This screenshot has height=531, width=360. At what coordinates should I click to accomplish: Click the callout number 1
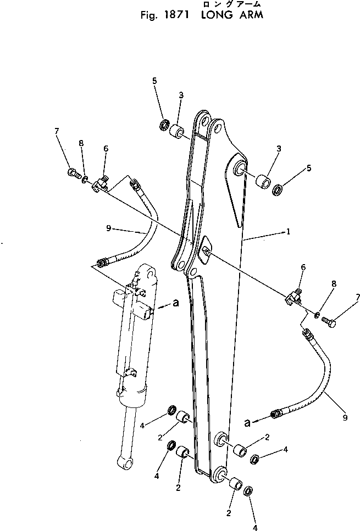point(287,231)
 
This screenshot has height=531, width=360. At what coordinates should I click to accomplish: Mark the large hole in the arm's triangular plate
point(239,168)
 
